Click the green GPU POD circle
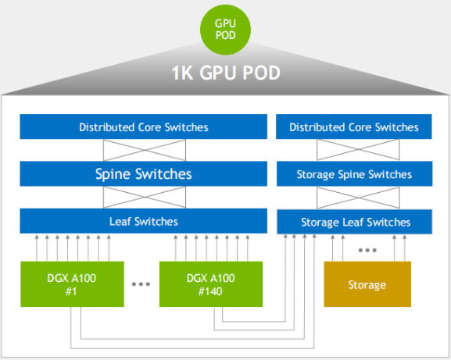(x=225, y=30)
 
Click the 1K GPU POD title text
(x=226, y=73)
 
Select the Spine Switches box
(x=144, y=173)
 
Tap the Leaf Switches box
(x=144, y=221)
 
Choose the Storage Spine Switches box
(x=354, y=174)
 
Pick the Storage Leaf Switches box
(x=354, y=222)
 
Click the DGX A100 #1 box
(x=72, y=284)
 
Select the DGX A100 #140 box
(x=211, y=284)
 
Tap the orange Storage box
(x=367, y=284)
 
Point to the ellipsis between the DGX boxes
(x=141, y=284)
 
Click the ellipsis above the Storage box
(x=367, y=250)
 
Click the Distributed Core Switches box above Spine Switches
(x=144, y=127)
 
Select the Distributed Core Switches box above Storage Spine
(x=354, y=127)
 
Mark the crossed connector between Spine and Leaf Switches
(x=145, y=198)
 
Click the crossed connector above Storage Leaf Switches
(x=358, y=198)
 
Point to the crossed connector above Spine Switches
(x=145, y=150)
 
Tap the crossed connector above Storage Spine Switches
(x=358, y=150)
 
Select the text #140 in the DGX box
(x=210, y=291)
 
